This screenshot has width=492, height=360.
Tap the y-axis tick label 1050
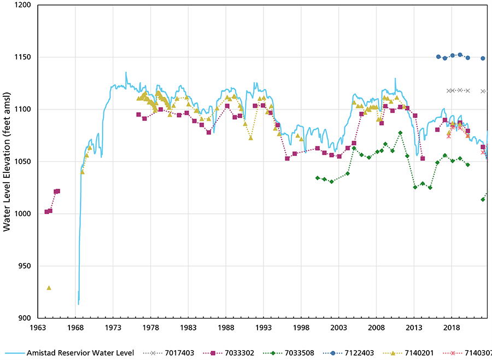pos(22,162)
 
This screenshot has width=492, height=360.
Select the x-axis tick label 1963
pos(38,327)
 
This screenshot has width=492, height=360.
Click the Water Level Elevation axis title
pos(7,162)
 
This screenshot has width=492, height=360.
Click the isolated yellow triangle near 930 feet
pos(49,288)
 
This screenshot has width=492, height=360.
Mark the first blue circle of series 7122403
pos(438,56)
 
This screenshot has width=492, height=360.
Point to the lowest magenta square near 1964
pos(46,212)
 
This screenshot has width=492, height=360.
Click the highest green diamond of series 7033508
pos(400,133)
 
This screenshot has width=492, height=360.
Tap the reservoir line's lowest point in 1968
pos(79,303)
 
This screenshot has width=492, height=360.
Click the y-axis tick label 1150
pos(22,57)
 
